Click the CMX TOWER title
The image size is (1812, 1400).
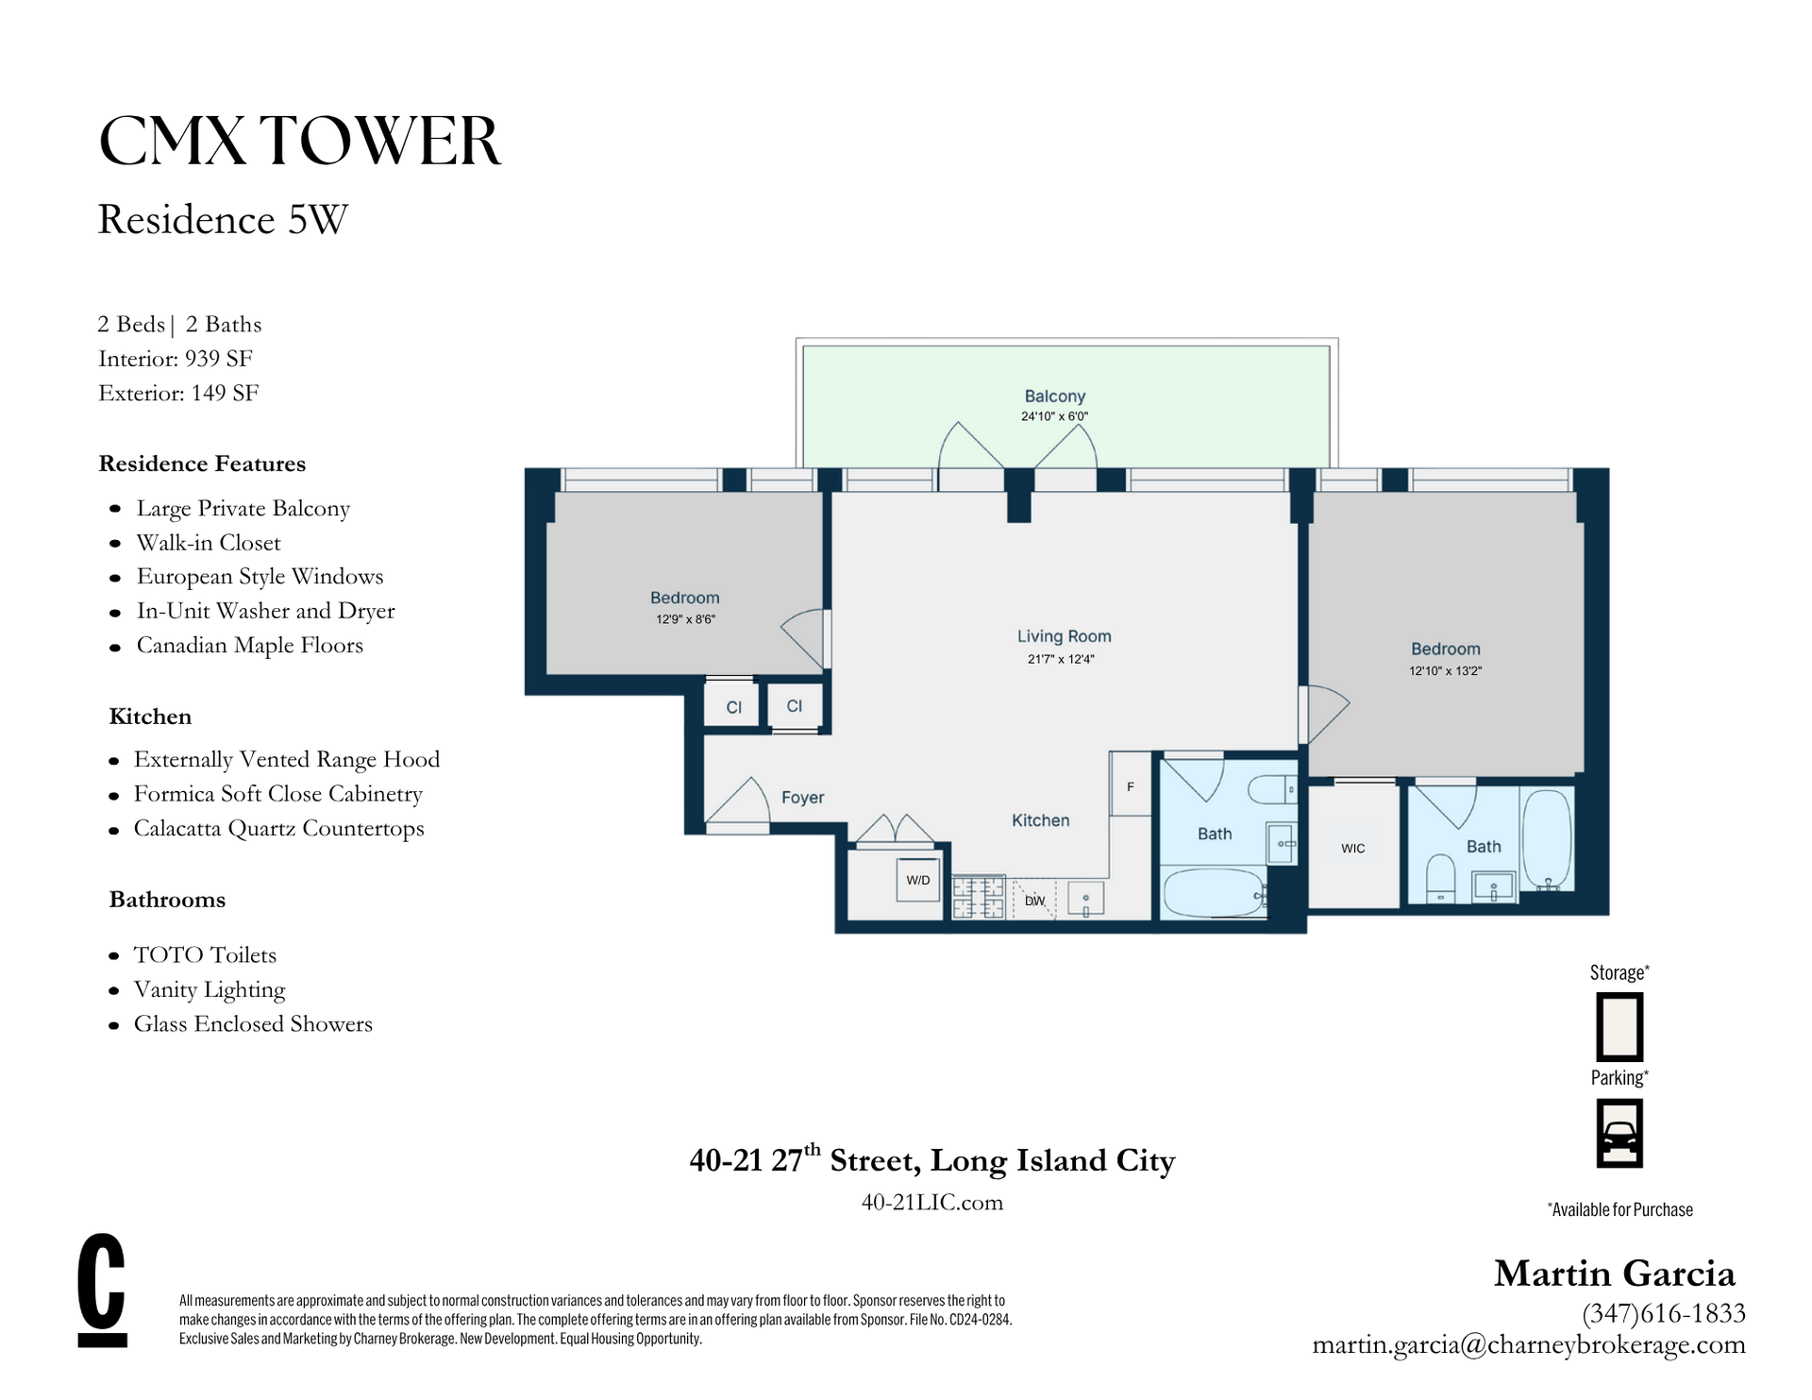(299, 142)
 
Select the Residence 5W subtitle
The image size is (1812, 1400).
(223, 220)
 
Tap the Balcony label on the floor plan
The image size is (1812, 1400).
(1055, 396)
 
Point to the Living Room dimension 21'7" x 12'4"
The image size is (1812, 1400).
(1061, 659)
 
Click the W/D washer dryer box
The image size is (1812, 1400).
(917, 880)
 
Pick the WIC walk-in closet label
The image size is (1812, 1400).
(1352, 849)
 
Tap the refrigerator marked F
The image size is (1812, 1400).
(1130, 784)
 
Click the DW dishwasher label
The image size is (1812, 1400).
(1035, 901)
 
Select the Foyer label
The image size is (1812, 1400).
(802, 798)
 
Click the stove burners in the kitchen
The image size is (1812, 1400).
(978, 897)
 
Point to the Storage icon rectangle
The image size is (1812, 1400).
(1619, 1026)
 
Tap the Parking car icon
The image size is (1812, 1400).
(1619, 1134)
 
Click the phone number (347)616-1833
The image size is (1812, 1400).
(1664, 1313)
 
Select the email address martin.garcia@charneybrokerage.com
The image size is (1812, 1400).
(1529, 1344)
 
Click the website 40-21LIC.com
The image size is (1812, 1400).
(932, 1202)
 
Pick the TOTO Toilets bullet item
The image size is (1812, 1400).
(205, 955)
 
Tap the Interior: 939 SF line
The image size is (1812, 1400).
(176, 359)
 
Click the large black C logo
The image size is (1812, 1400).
(102, 1290)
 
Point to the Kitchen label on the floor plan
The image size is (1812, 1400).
(1041, 820)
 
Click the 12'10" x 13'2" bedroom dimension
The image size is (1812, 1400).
(1446, 671)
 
